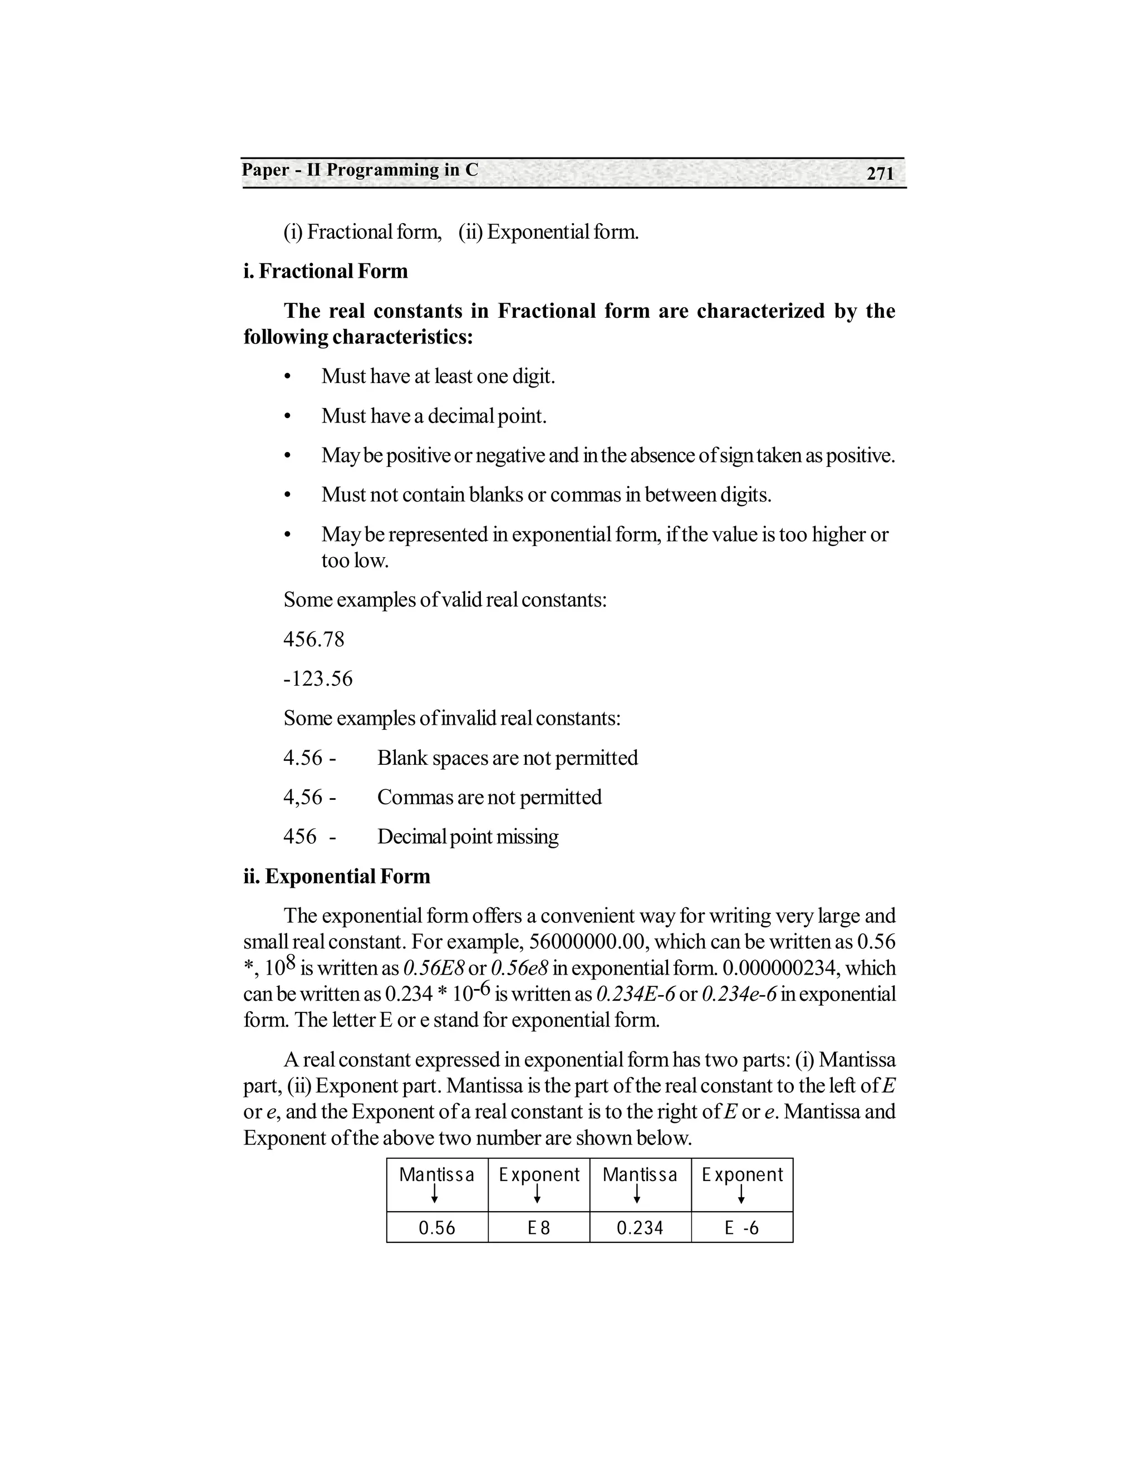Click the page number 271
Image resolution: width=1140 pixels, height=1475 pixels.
(x=880, y=174)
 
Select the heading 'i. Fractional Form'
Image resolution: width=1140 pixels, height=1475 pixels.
(x=326, y=272)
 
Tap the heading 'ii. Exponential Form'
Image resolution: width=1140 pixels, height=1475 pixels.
(x=336, y=877)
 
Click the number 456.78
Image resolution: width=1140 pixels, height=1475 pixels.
(x=313, y=640)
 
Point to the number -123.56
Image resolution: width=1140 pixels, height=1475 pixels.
(x=317, y=678)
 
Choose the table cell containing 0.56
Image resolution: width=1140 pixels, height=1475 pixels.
(x=437, y=1228)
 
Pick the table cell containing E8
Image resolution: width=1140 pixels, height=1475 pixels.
(x=539, y=1228)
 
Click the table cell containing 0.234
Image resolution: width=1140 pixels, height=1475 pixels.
(x=640, y=1228)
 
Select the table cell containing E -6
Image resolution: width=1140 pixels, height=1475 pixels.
(x=741, y=1228)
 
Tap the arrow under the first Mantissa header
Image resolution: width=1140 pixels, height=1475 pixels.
(x=435, y=1194)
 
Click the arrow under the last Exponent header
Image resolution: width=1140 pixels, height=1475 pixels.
(x=741, y=1194)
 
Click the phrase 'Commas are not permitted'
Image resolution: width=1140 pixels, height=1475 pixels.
(x=489, y=798)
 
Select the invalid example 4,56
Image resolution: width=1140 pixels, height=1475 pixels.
(x=303, y=798)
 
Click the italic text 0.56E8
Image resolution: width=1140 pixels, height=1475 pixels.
(x=433, y=968)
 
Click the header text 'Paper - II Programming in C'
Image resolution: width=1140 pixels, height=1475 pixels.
(x=360, y=170)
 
